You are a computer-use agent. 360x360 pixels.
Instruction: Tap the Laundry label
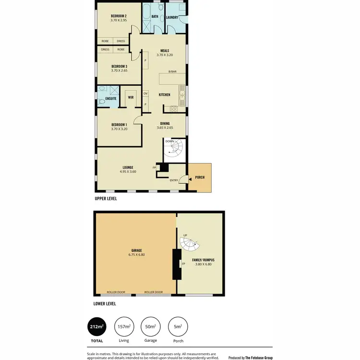coord(172,18)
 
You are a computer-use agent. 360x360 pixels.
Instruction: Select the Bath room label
coord(155,16)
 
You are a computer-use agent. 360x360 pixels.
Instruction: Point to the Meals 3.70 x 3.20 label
coord(164,52)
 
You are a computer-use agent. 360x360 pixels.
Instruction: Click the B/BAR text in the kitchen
coord(172,72)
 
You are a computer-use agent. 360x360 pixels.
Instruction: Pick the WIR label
coord(131,97)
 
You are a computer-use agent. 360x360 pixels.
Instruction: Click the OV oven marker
coord(145,94)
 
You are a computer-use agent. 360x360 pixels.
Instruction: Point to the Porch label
coord(200,178)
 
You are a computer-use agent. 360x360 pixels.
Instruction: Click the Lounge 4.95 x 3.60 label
coord(128,169)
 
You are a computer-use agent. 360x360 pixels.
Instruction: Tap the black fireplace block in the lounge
coord(164,168)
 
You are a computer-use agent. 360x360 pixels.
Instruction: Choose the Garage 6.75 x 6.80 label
coord(136,252)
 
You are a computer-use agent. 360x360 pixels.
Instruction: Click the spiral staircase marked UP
coord(190,245)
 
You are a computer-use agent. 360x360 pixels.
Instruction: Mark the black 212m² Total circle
coord(96,327)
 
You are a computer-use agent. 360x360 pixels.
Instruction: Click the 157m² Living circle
coord(123,327)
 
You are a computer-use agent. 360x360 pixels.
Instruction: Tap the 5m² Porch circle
coord(178,327)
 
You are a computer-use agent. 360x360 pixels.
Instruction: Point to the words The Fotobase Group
coord(259,358)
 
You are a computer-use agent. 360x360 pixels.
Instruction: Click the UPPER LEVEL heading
coord(106,198)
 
